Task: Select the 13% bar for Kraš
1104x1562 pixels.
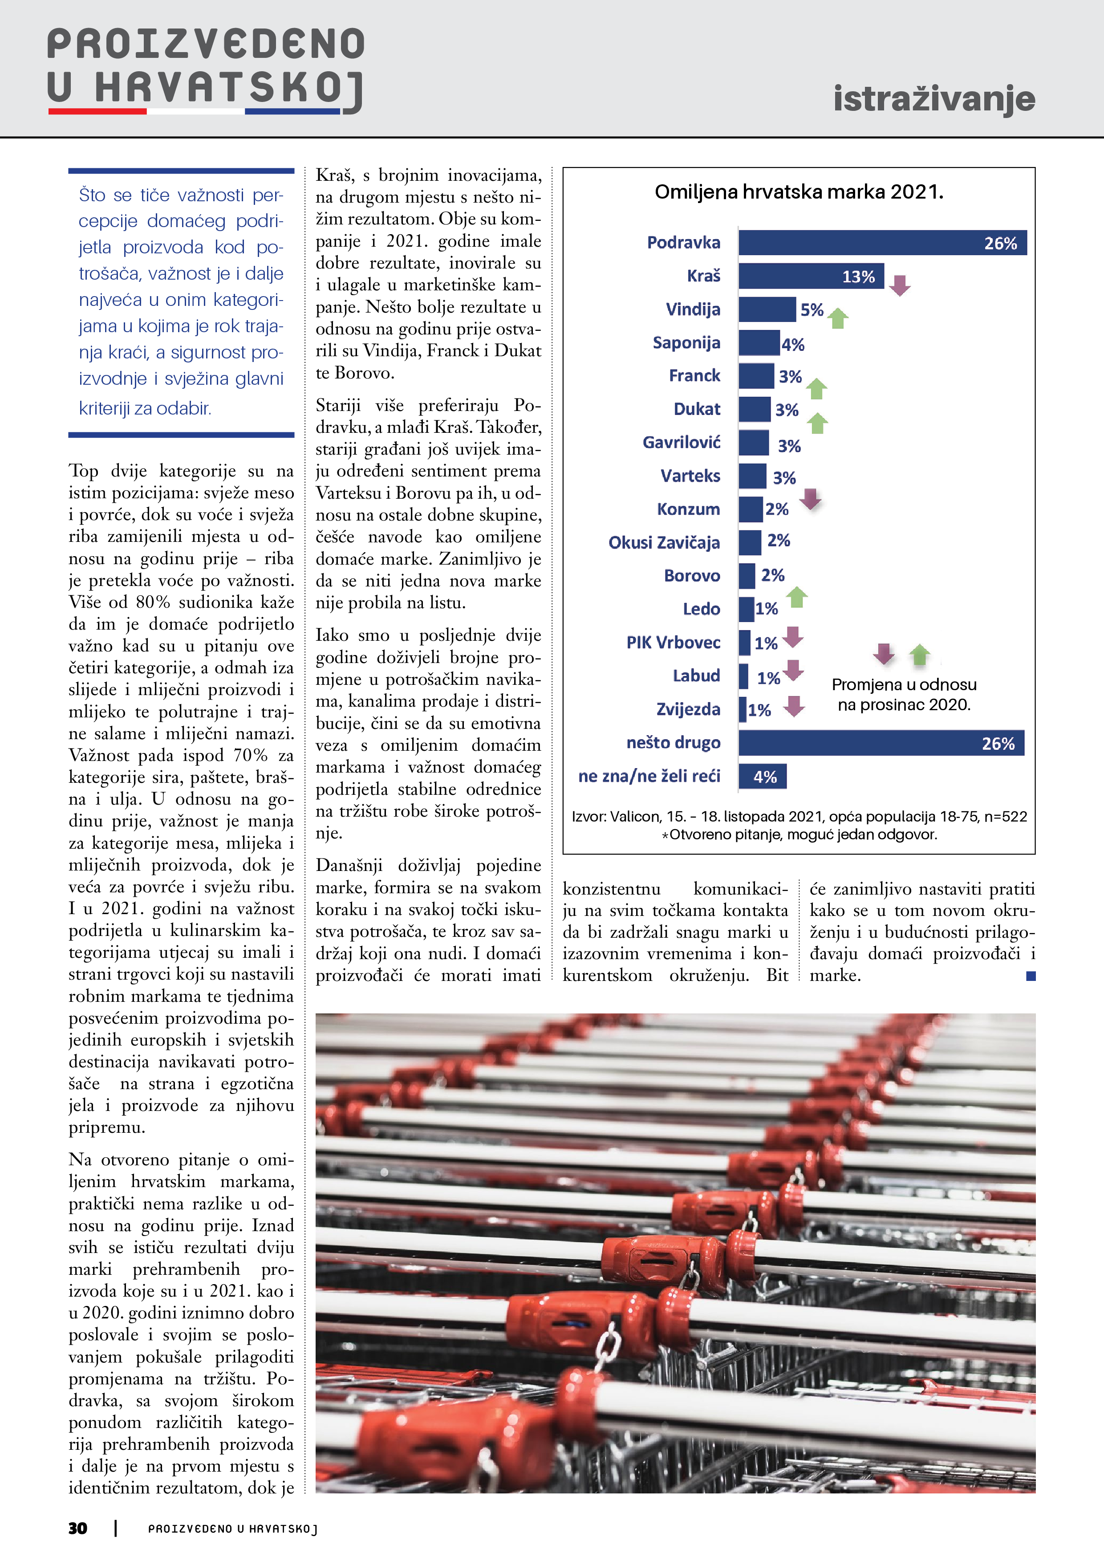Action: (x=811, y=276)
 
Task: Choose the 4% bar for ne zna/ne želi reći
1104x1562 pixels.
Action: (x=763, y=776)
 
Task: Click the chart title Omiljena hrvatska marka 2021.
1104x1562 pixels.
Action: (x=799, y=192)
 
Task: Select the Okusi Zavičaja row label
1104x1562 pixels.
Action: (x=663, y=543)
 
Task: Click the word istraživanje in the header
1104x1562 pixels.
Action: (x=934, y=99)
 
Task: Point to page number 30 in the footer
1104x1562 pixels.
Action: (x=77, y=1528)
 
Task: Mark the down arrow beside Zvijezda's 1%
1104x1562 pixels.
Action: (x=794, y=706)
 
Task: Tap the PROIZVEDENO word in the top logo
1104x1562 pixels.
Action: (x=205, y=45)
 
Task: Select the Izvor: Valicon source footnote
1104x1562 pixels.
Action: (x=799, y=816)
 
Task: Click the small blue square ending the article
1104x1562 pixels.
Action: (x=1031, y=976)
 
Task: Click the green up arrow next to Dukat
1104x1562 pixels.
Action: (x=817, y=423)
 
